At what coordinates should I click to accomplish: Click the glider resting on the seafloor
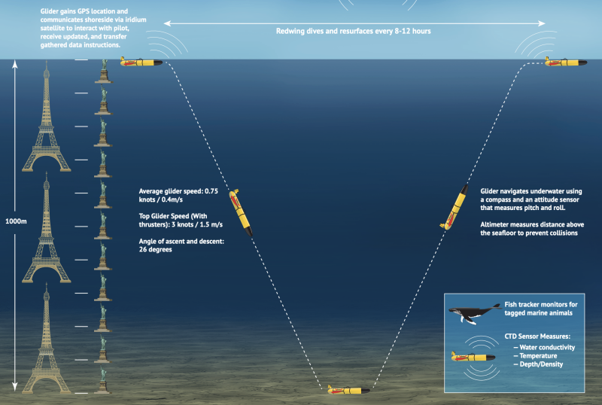coord(348,390)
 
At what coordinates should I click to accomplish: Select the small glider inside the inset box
coord(473,355)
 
